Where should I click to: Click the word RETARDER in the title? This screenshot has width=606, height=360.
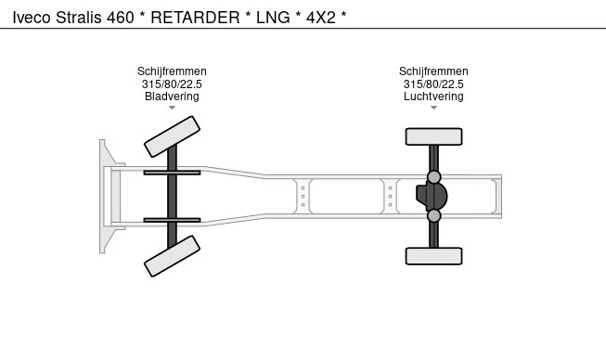[x=195, y=18]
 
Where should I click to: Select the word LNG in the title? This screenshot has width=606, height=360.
[x=273, y=18]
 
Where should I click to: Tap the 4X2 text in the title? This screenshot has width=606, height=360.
[x=321, y=18]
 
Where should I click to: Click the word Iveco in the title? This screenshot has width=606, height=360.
[x=32, y=18]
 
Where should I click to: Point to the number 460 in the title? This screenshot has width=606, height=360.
[x=121, y=18]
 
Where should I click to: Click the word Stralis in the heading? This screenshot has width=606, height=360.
[x=79, y=18]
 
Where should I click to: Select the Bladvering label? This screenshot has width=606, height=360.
[x=172, y=96]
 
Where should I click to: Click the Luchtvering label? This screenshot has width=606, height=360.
[x=433, y=96]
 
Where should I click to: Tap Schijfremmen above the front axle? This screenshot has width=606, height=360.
[x=172, y=71]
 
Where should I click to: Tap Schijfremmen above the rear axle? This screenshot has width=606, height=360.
[x=433, y=71]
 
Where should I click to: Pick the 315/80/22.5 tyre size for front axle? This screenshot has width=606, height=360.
[x=172, y=84]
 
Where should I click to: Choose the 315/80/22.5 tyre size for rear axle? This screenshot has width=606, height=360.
[x=433, y=84]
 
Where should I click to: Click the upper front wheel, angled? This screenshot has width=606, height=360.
[x=172, y=136]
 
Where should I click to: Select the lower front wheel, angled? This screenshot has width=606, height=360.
[x=172, y=256]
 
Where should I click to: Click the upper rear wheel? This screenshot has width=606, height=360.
[x=433, y=136]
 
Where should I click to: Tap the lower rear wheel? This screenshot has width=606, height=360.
[x=433, y=256]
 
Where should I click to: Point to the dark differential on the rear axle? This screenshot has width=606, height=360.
[x=432, y=196]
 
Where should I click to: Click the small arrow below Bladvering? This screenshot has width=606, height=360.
[x=172, y=108]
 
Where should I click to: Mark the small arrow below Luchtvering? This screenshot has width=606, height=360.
[x=433, y=108]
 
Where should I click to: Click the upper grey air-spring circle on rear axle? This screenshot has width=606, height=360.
[x=434, y=177]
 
